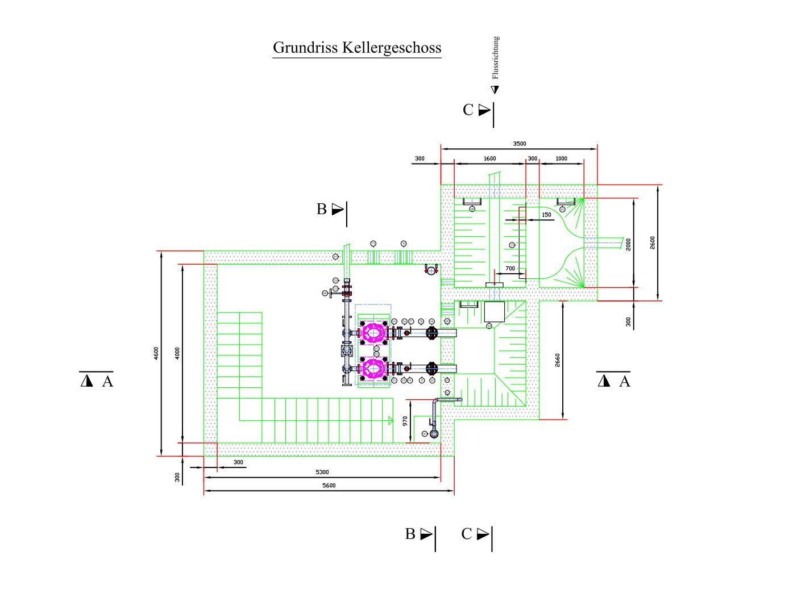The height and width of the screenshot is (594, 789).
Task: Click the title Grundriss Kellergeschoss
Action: (x=357, y=47)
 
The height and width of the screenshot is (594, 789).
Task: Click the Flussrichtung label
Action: (x=496, y=57)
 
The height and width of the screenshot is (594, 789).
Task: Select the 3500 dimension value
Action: (x=519, y=144)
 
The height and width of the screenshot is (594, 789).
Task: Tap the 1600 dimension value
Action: (x=489, y=159)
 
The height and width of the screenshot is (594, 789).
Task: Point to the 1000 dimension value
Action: (x=561, y=159)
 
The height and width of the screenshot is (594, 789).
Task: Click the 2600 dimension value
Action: (x=652, y=242)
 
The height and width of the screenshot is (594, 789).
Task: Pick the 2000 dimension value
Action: (x=628, y=244)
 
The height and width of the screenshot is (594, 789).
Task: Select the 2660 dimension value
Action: (x=557, y=360)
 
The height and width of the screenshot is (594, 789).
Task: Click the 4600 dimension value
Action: (x=156, y=353)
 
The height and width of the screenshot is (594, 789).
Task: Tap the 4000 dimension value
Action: (x=177, y=353)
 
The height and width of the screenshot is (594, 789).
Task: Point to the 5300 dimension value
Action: (x=322, y=472)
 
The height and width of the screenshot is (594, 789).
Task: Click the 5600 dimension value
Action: (x=329, y=486)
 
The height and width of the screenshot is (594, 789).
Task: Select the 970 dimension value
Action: (x=405, y=421)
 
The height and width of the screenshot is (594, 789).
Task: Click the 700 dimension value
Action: (x=510, y=269)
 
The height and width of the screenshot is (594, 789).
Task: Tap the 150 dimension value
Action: (x=546, y=215)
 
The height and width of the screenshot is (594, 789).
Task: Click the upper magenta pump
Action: (x=373, y=332)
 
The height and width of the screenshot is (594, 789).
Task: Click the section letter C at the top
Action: (x=468, y=110)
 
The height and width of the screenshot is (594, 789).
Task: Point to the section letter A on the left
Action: (x=107, y=382)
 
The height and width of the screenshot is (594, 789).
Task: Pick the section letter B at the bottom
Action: (x=410, y=534)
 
